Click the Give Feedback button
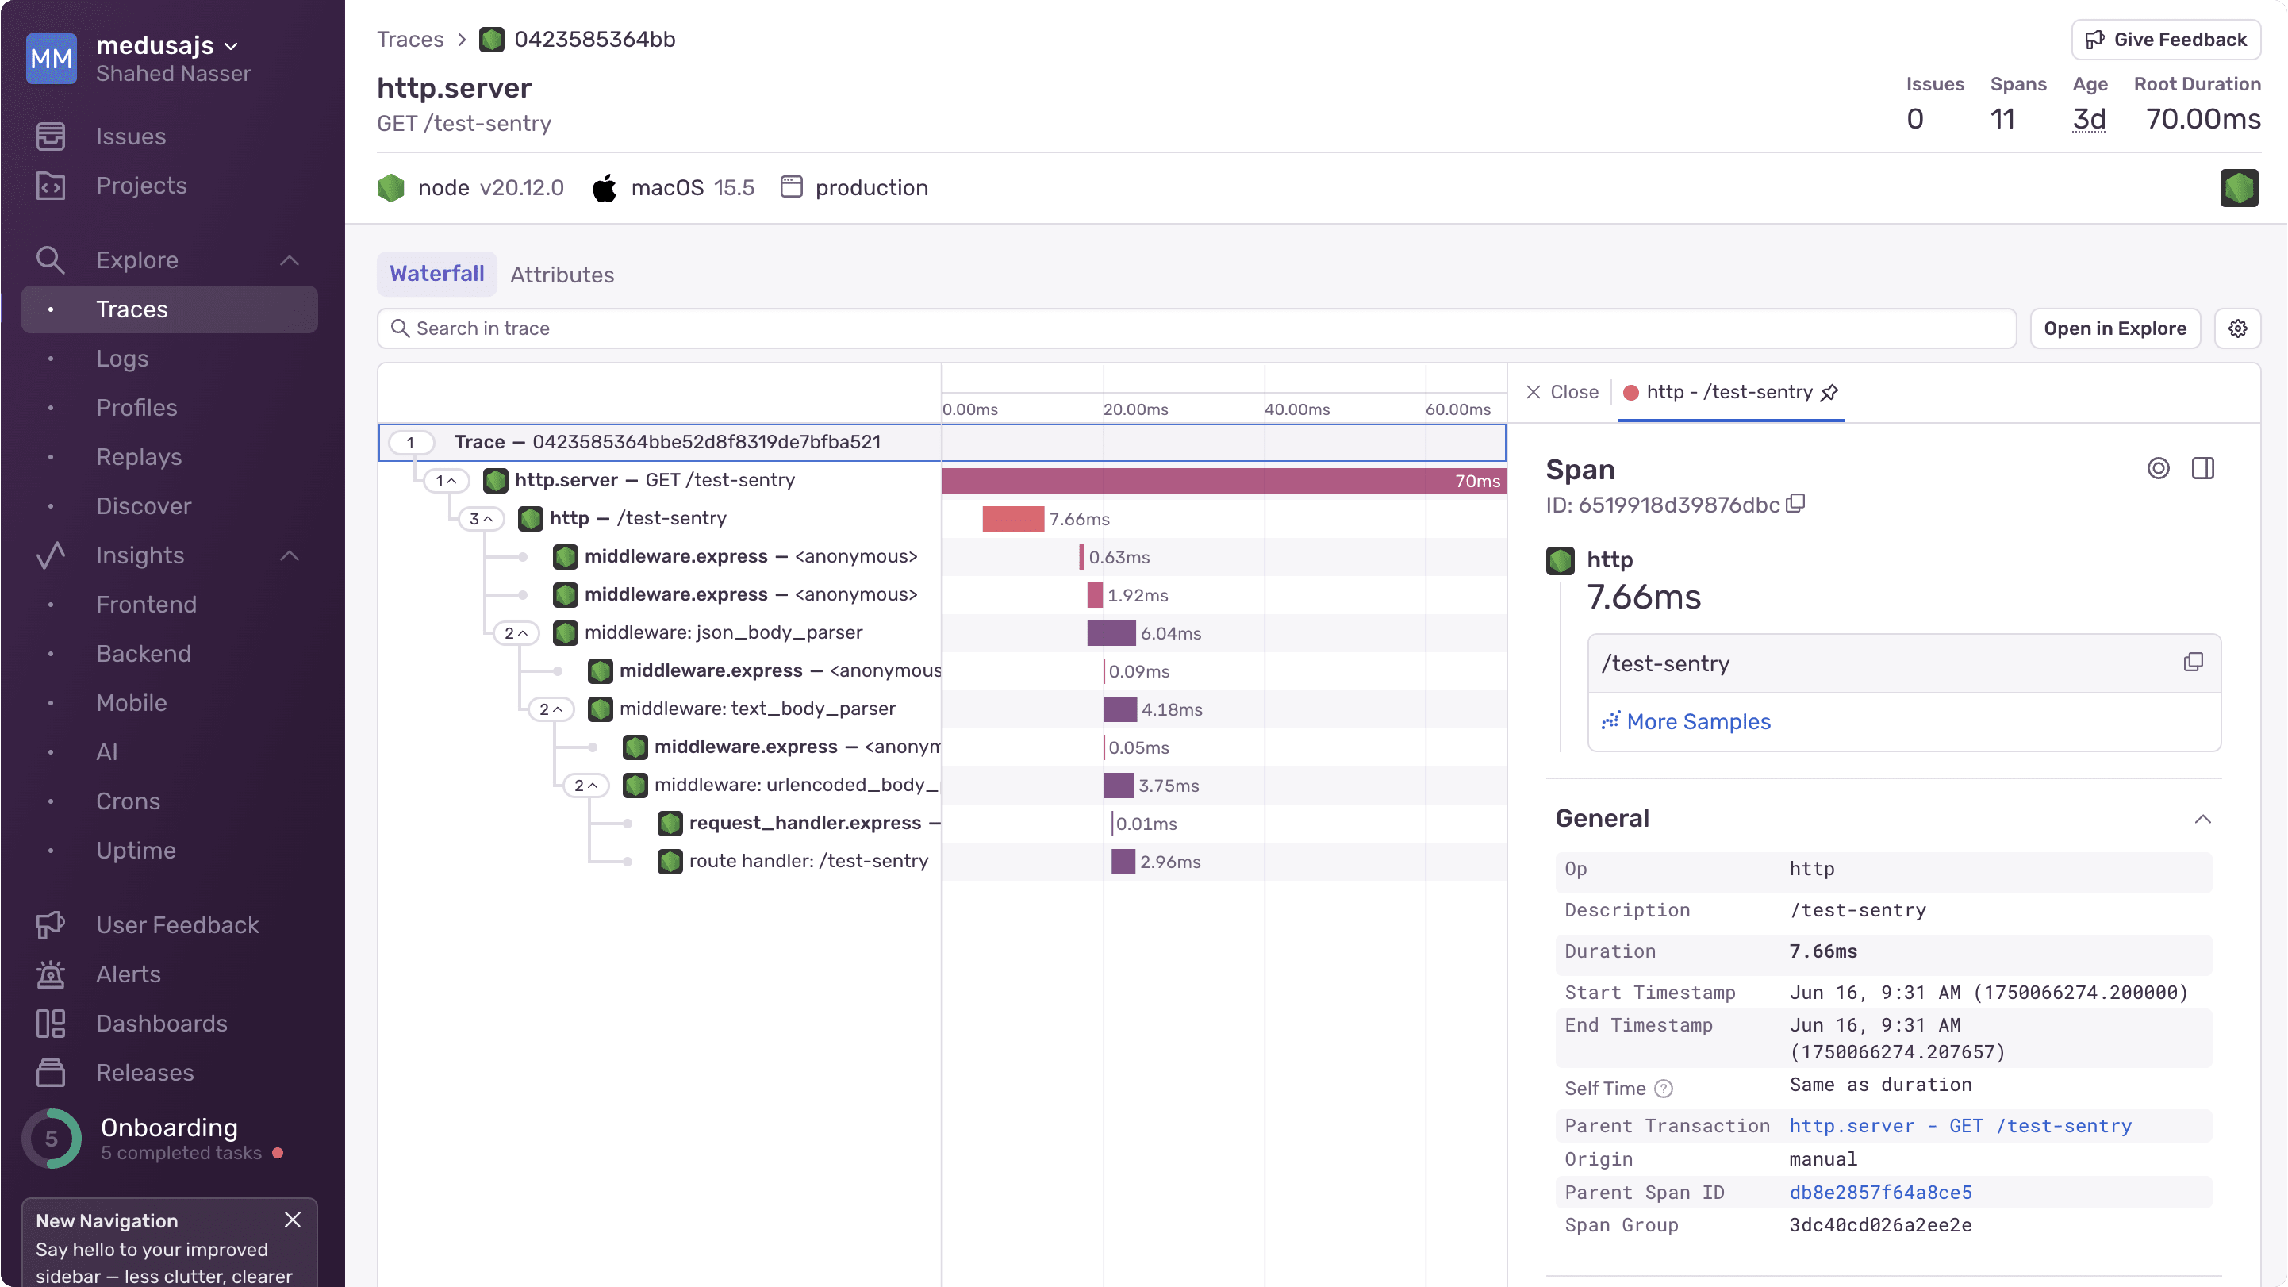click(x=2166, y=40)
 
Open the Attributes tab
click(x=562, y=275)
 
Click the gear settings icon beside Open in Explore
click(x=2237, y=328)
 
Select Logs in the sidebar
click(x=122, y=359)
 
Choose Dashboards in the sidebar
click(x=162, y=1024)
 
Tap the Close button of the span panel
click(x=1562, y=392)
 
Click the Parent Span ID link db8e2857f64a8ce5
click(x=1880, y=1192)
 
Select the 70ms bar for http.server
click(x=1223, y=481)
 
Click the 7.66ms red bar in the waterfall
click(x=1012, y=519)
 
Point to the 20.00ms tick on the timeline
click(x=1135, y=409)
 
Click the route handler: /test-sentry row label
click(x=808, y=861)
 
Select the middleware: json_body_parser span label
click(x=723, y=632)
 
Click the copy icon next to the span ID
click(x=1796, y=504)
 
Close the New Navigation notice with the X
click(x=292, y=1220)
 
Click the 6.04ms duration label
click(x=1171, y=633)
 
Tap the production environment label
click(x=870, y=187)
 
